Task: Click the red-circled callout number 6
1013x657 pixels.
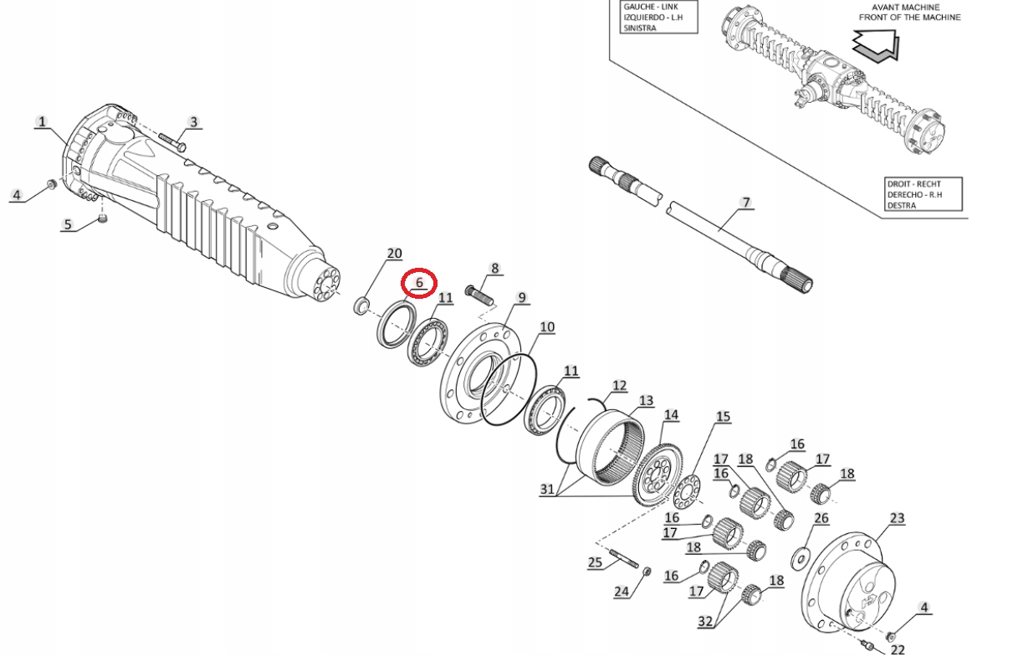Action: click(x=420, y=284)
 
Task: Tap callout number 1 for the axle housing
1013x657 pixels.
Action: click(x=41, y=122)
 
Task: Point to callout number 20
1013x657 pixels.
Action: click(x=394, y=254)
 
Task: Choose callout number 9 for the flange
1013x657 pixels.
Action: click(x=521, y=297)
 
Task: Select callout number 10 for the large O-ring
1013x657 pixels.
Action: click(x=546, y=326)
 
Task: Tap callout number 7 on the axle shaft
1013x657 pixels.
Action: click(x=745, y=203)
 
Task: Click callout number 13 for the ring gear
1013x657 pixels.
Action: click(x=646, y=401)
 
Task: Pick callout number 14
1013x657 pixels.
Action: click(x=671, y=415)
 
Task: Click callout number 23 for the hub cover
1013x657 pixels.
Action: click(x=897, y=519)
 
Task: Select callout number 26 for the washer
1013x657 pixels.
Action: click(x=821, y=519)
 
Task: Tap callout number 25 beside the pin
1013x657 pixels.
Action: click(x=595, y=562)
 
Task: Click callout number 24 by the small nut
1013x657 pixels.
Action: click(x=621, y=592)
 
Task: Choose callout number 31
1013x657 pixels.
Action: click(x=547, y=489)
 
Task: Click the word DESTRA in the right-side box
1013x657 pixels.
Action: click(x=900, y=205)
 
